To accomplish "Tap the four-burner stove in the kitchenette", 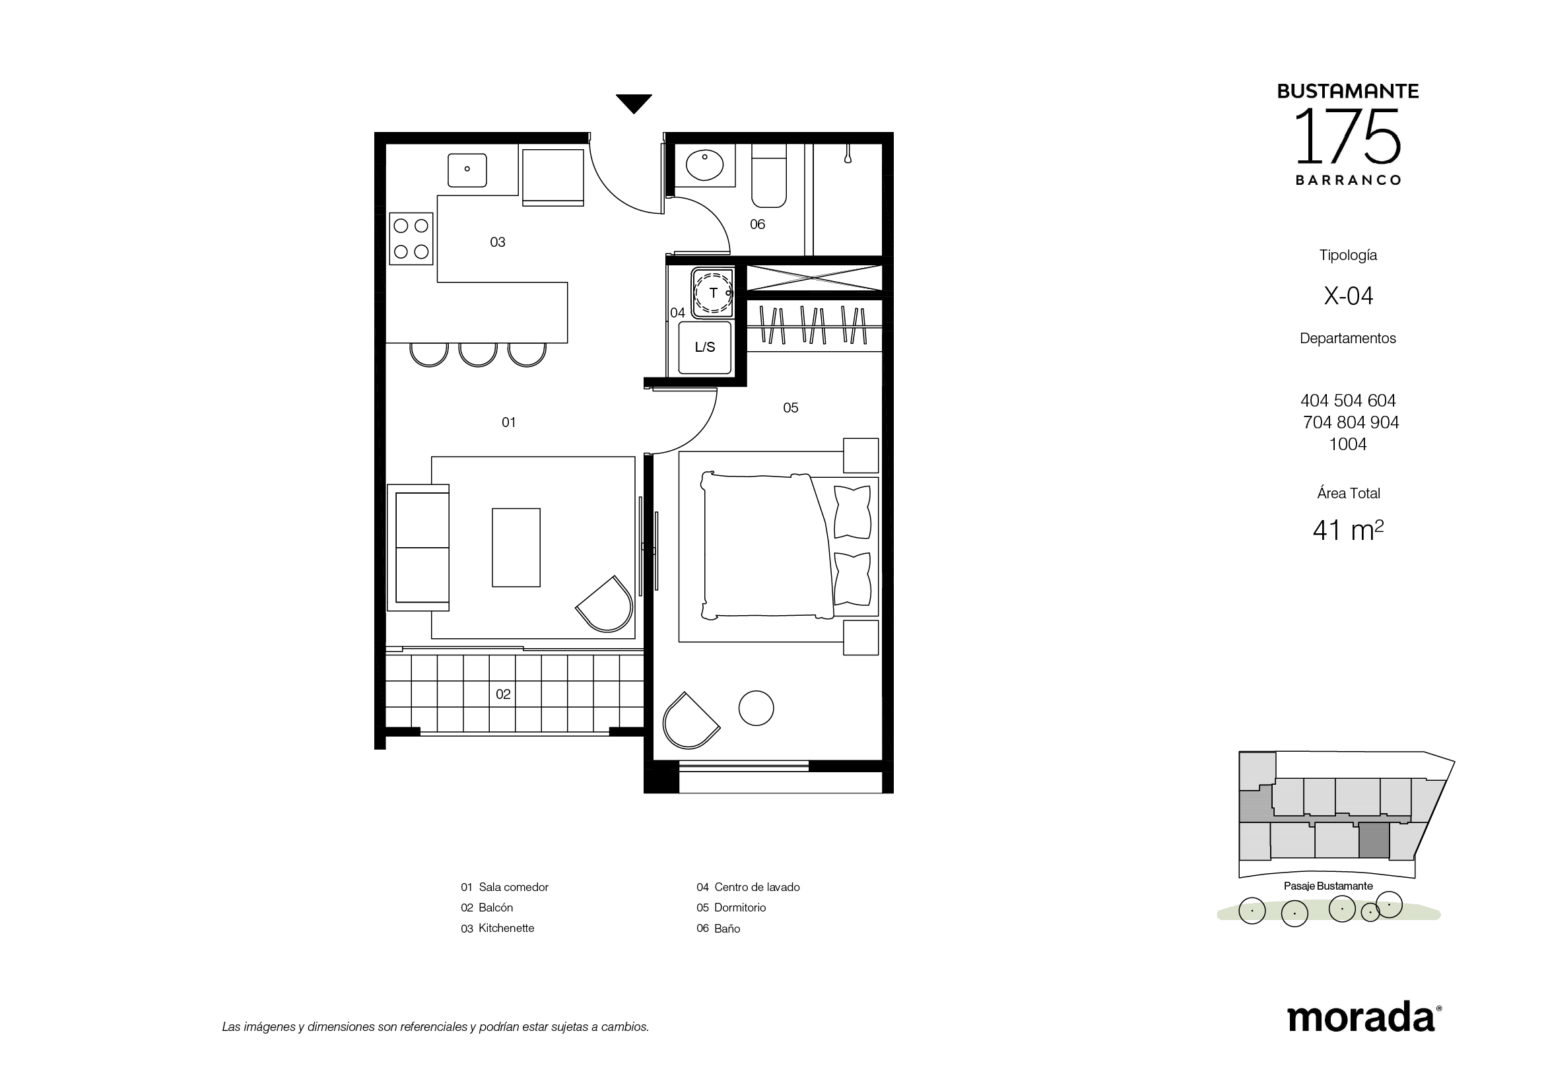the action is [x=411, y=239].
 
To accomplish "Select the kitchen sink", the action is [x=467, y=170].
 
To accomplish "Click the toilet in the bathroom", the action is [x=768, y=176].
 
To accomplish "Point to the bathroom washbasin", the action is [x=704, y=165].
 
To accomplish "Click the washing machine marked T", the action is [x=712, y=292].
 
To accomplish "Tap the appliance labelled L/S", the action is [x=705, y=348].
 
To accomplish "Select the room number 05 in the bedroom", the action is [x=790, y=408].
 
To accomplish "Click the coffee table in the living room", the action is [x=516, y=547].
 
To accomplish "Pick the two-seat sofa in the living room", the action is [x=419, y=547].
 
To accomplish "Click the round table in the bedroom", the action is [x=756, y=708].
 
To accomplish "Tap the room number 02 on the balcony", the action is [x=503, y=694].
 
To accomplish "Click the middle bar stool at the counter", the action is [x=477, y=354].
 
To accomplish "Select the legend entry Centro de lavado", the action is [x=748, y=887].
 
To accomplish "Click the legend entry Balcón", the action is [x=487, y=908].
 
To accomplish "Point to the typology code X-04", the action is [x=1349, y=296].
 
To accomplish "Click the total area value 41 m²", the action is [x=1349, y=530].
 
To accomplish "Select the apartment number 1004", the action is [x=1348, y=444].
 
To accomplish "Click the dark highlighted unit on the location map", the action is [x=1374, y=840].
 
